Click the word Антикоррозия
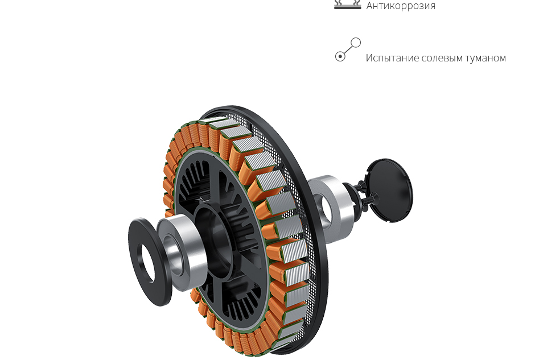pos(401,6)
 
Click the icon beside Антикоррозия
pos(347,4)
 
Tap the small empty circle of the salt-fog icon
pos(356,43)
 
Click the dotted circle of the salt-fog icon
pos(340,56)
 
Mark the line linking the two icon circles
pos(348,49)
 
